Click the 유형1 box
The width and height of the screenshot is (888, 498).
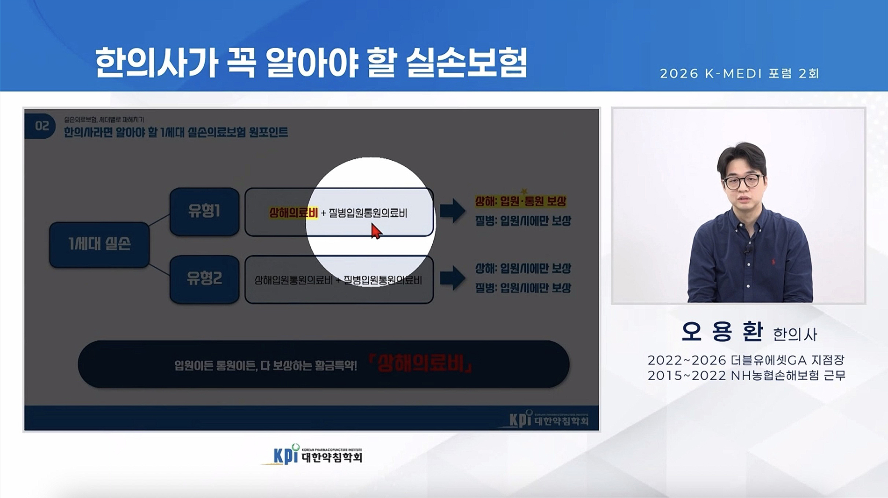204,212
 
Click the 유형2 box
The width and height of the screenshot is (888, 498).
204,279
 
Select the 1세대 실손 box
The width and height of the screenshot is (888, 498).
99,244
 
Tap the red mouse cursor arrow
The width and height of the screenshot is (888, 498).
376,231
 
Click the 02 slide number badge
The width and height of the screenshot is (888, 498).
41,126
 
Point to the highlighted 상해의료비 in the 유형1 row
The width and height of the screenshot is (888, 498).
294,213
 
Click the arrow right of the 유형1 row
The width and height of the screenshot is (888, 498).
452,210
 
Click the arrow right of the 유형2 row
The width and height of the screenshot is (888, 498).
452,278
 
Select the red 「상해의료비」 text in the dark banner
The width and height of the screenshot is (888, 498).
421,364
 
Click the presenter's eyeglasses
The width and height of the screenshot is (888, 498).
743,181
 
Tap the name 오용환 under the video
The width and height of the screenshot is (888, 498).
722,331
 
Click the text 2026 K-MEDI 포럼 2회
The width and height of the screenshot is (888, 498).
739,74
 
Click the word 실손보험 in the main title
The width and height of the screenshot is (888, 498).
466,63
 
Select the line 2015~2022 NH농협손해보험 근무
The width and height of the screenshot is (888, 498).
746,376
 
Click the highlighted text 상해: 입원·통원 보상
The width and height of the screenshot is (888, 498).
520,201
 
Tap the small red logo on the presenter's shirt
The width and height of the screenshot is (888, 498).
773,261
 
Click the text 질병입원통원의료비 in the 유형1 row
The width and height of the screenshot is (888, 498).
368,213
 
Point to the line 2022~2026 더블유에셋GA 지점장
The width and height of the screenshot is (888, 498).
746,360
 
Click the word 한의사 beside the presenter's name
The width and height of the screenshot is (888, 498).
795,334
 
